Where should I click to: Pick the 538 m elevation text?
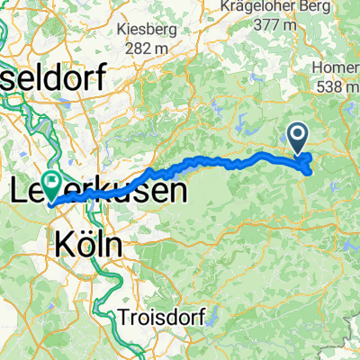338,86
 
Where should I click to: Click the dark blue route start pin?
298,138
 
